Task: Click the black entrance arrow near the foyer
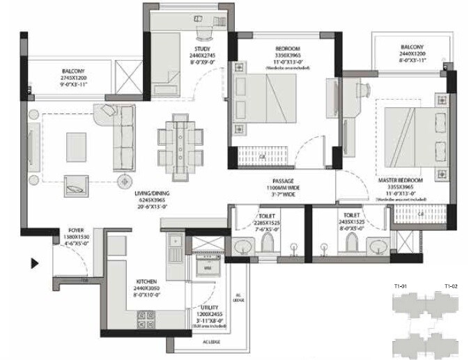click(33, 264)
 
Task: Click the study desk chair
click(203, 32)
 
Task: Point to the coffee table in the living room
click(77, 145)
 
